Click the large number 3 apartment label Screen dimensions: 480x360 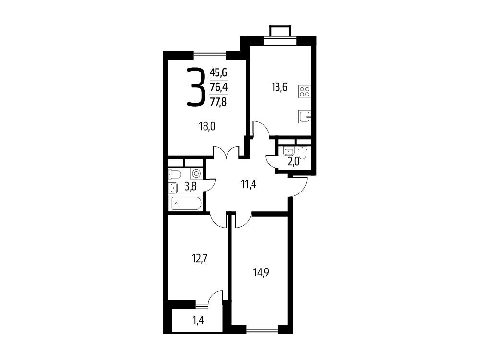tap(196, 87)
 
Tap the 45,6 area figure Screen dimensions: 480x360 tap(218, 73)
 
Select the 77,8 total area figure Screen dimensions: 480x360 tap(218, 101)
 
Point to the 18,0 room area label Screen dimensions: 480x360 tap(207, 126)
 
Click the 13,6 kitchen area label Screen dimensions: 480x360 tap(279, 87)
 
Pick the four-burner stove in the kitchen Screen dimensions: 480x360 tap(305, 92)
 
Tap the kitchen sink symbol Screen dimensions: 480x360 tap(305, 117)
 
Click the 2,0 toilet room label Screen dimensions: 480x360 tap(293, 162)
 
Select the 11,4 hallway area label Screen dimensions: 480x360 tap(249, 185)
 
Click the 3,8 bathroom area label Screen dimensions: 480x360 tap(190, 186)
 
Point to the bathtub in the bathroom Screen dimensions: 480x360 tap(186, 204)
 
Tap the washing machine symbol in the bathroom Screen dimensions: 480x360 tap(196, 174)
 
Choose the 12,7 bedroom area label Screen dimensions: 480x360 tap(200, 259)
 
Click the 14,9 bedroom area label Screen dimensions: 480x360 tap(261, 272)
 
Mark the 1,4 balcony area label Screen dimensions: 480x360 tap(198, 321)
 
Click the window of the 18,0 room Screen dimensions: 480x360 tap(210, 55)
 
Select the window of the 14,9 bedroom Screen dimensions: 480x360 tap(262, 329)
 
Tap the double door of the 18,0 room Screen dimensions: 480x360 tap(226, 152)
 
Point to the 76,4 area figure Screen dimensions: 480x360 tap(218, 87)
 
